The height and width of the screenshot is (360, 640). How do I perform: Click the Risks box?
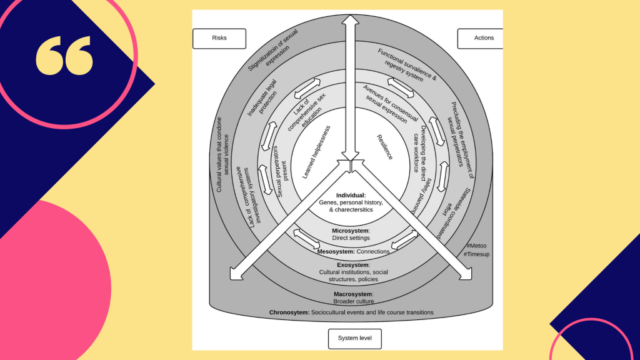[219, 38]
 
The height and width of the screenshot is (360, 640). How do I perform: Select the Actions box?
[483, 38]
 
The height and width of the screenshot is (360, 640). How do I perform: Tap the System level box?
[354, 338]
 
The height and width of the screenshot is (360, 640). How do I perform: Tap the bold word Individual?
[351, 196]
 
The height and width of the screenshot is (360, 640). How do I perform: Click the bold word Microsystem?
[351, 231]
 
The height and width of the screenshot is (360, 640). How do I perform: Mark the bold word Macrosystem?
[353, 294]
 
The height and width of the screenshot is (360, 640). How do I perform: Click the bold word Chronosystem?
[289, 312]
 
